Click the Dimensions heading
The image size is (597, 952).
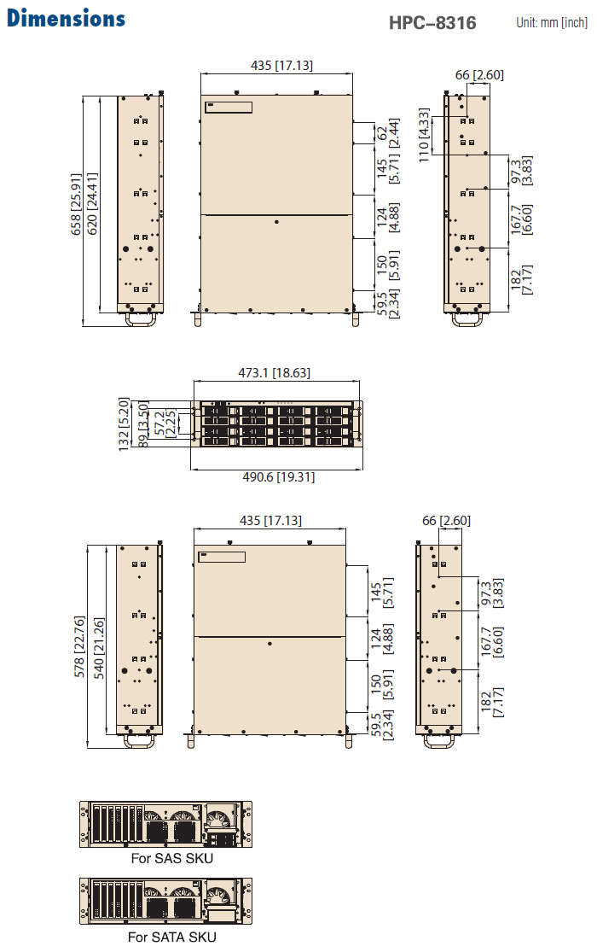pos(67,18)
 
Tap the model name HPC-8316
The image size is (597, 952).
pos(432,22)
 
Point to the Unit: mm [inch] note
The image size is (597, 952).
pos(552,22)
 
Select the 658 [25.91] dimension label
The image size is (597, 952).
pos(76,204)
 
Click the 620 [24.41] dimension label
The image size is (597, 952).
pos(91,203)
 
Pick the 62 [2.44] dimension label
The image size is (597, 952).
pos(388,133)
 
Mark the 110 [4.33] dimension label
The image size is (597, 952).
pos(424,135)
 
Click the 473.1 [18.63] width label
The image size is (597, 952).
pos(275,372)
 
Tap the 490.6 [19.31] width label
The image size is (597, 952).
pos(279,477)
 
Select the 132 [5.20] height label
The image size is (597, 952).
pos(124,424)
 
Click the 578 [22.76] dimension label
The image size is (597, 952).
pos(78,646)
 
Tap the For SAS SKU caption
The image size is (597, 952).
pos(172,858)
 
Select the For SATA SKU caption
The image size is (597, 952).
pos(171,937)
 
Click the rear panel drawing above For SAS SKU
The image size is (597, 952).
pos(165,824)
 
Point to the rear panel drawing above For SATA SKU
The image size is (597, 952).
pos(165,901)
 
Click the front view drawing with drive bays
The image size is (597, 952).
pos(276,423)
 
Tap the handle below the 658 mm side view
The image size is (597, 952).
pos(141,318)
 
